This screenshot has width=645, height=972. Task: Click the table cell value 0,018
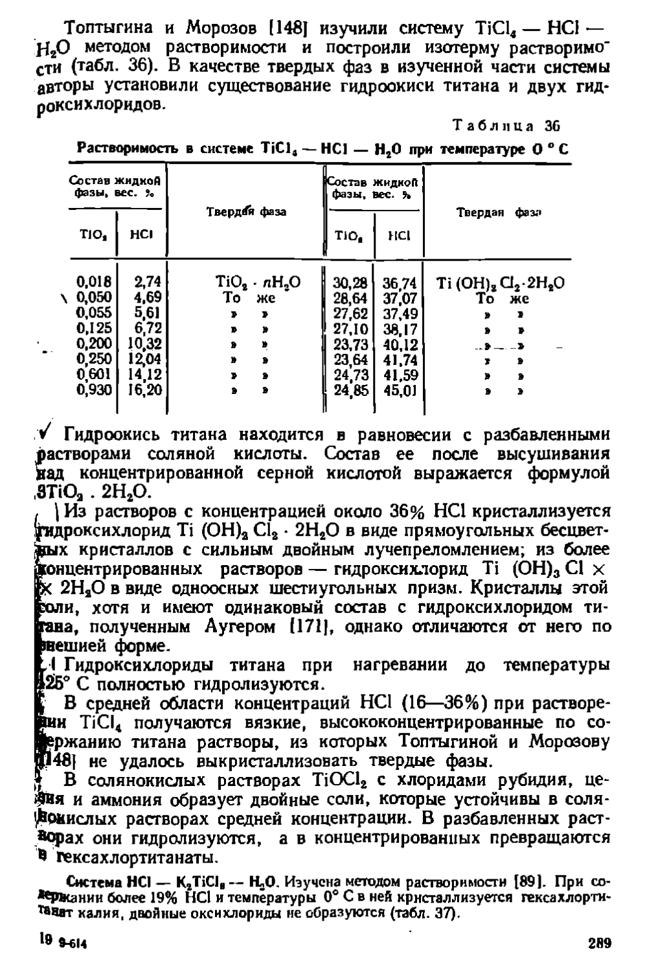[94, 282]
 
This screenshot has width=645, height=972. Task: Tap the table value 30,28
[350, 283]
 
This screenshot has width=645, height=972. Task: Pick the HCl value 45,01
[400, 391]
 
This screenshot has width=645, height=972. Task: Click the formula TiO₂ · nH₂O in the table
[257, 283]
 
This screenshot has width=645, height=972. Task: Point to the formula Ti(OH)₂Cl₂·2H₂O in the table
[500, 283]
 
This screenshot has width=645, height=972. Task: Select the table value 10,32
[145, 344]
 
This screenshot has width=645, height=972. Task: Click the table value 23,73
[350, 344]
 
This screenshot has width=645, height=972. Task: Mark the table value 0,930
[94, 390]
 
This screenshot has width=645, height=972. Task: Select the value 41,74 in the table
[400, 360]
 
